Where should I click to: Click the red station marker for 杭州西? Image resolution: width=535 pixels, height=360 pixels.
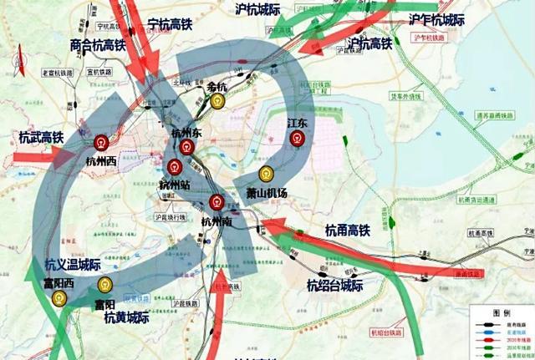(x=102, y=142)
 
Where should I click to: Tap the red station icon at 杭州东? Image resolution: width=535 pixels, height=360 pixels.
(x=186, y=147)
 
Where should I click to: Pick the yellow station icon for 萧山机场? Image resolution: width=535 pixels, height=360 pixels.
(x=266, y=175)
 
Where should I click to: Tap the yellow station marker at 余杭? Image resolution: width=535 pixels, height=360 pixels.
(x=218, y=100)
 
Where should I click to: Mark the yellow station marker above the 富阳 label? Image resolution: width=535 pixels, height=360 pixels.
(x=107, y=286)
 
